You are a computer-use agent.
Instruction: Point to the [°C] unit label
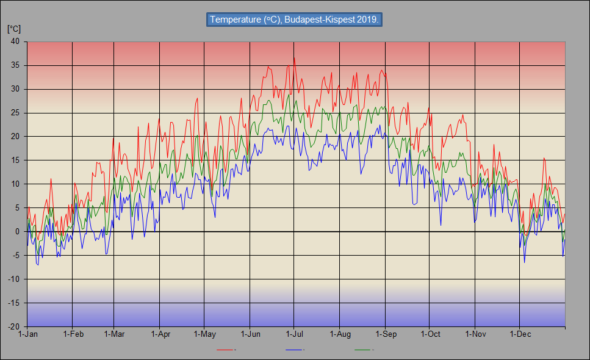(x=13, y=29)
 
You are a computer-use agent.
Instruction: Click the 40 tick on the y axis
(x=15, y=41)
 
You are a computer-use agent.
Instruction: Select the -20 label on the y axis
(x=13, y=327)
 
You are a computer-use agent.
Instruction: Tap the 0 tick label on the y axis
(x=17, y=232)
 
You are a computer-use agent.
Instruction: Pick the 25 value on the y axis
(x=15, y=113)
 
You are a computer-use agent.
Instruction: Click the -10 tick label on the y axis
(x=13, y=279)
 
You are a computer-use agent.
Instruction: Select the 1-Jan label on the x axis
(x=28, y=334)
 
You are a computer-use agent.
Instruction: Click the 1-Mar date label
(x=114, y=334)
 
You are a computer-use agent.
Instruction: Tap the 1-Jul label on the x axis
(x=295, y=334)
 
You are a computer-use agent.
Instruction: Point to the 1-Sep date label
(x=386, y=334)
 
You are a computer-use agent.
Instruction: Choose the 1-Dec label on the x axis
(x=519, y=334)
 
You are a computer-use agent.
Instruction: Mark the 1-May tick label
(x=204, y=334)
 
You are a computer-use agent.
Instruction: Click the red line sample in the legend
(x=226, y=350)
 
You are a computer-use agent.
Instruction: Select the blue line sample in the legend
(x=295, y=350)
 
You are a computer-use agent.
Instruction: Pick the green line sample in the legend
(x=364, y=350)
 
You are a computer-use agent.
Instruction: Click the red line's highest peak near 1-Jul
(x=294, y=57)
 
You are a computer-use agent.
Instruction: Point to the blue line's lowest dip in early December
(x=524, y=262)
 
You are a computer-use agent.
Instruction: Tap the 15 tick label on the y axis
(x=15, y=160)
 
